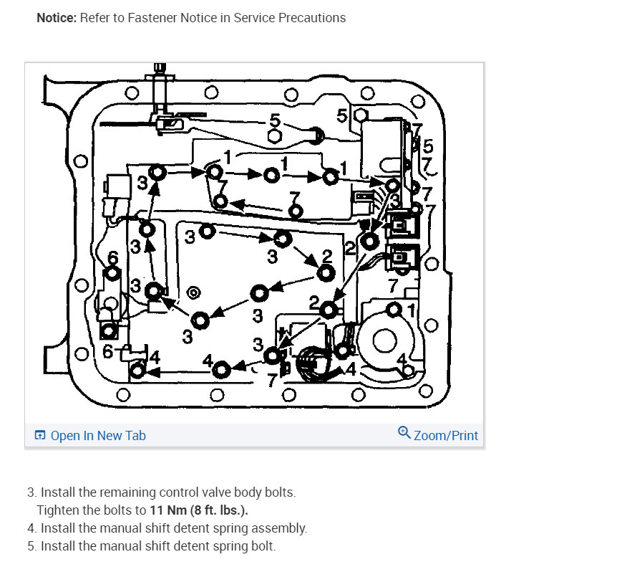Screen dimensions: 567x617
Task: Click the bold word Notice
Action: (x=56, y=18)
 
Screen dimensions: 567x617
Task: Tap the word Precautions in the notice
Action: (x=312, y=18)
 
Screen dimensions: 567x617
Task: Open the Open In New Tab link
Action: (x=98, y=436)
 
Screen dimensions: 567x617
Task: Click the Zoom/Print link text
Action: (x=445, y=436)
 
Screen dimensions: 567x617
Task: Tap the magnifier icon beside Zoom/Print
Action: (x=404, y=433)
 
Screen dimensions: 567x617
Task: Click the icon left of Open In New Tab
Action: (x=41, y=436)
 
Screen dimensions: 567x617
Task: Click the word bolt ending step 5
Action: (x=263, y=546)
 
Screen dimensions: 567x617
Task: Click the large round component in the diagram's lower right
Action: (x=384, y=340)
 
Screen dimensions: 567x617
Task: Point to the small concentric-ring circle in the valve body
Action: (x=193, y=292)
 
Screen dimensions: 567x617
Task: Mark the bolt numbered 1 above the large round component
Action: (x=394, y=310)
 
